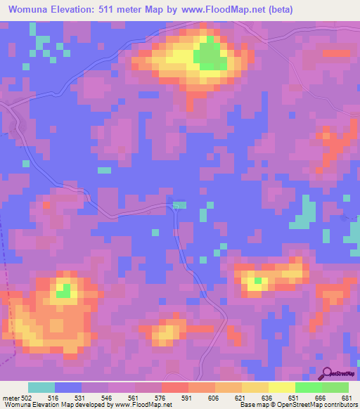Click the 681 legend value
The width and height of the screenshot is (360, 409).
tap(347, 398)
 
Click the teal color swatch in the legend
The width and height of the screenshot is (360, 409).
tap(41, 387)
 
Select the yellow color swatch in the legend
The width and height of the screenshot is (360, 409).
tap(281, 387)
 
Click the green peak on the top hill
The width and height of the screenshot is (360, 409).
tap(209, 56)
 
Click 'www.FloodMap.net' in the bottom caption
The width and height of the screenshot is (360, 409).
tap(143, 405)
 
